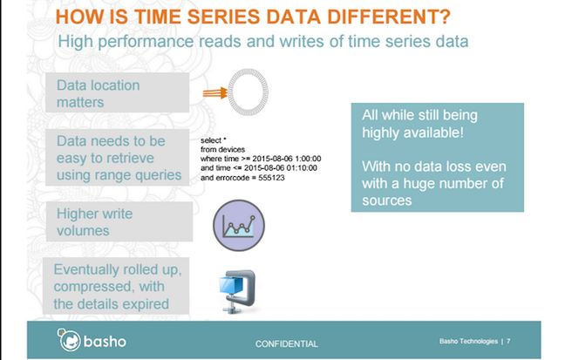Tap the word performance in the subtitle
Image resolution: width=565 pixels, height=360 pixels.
(146, 42)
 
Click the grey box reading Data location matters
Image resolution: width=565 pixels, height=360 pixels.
(117, 92)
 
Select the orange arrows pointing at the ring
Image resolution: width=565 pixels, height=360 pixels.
(215, 93)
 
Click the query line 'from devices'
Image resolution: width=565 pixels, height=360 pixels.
(222, 149)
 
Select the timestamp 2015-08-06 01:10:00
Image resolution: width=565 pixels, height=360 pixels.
(281, 168)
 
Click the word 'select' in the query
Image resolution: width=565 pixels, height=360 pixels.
(210, 140)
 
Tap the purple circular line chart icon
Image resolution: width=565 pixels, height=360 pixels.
(239, 225)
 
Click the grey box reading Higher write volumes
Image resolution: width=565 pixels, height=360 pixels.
(119, 221)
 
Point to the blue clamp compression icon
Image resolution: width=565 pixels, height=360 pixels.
(237, 291)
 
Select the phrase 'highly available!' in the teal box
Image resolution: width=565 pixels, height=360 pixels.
(412, 133)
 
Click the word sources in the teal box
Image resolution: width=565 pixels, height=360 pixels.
(386, 200)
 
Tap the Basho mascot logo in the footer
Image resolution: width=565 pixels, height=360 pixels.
(69, 339)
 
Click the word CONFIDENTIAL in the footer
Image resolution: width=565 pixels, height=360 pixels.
(287, 343)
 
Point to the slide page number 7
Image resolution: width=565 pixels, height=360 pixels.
(508, 341)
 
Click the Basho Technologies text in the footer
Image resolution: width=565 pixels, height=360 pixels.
(468, 342)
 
